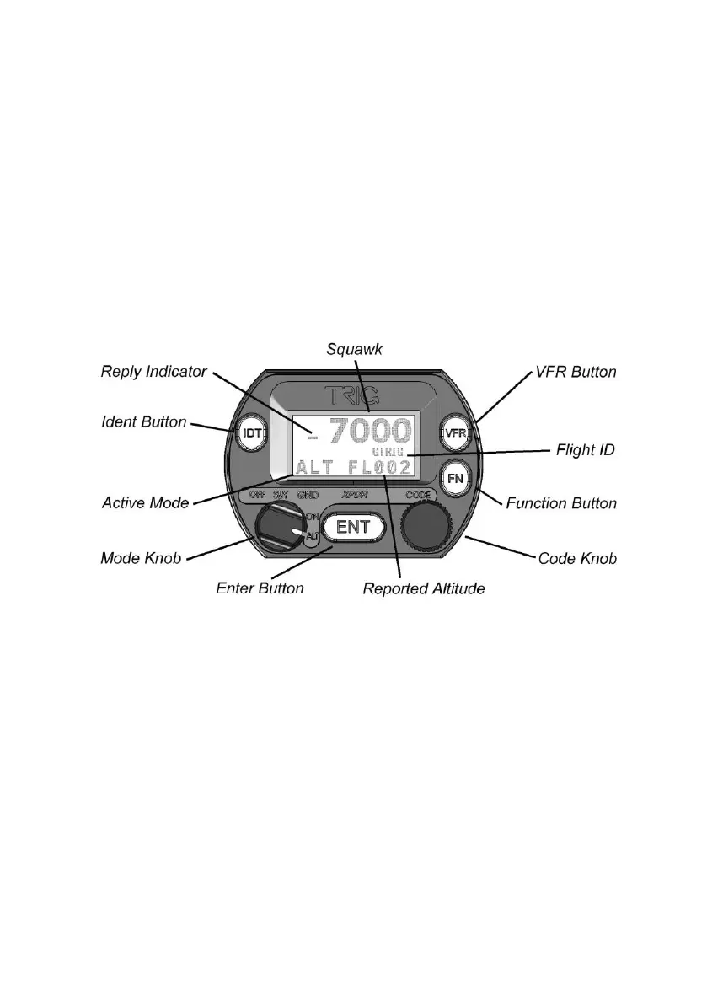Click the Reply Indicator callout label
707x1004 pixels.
pos(153,371)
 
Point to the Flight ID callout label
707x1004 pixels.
pos(586,450)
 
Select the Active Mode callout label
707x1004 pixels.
pos(145,503)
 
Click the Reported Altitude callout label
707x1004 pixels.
pos(423,588)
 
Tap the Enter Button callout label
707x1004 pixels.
pos(260,588)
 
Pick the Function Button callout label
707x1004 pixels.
pos(561,503)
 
